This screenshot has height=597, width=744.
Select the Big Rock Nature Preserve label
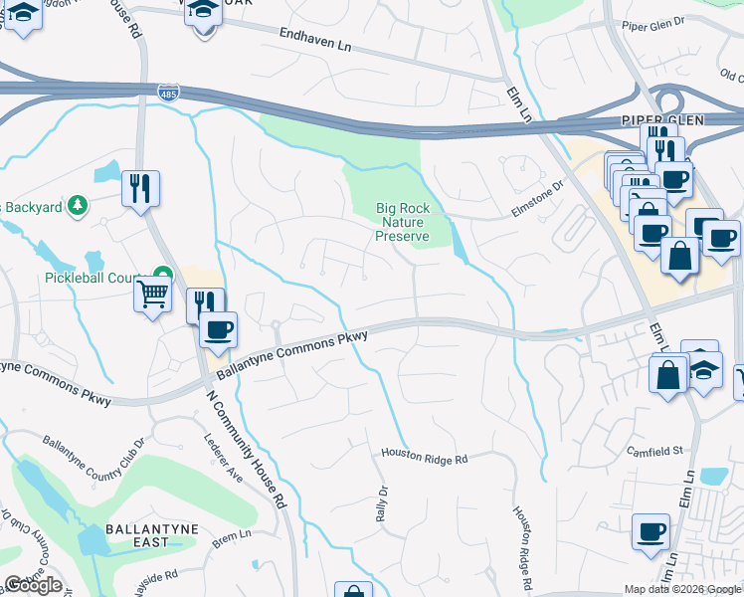click(x=402, y=222)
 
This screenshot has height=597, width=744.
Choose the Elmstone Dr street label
click(x=537, y=183)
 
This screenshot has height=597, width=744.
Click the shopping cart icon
click(x=152, y=294)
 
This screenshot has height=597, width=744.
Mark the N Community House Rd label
click(x=247, y=448)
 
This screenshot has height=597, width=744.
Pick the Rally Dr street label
click(x=381, y=503)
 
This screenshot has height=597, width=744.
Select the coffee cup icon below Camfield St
click(x=651, y=531)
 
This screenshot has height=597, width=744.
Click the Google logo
click(x=33, y=585)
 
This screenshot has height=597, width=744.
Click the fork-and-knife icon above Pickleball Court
click(x=139, y=187)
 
